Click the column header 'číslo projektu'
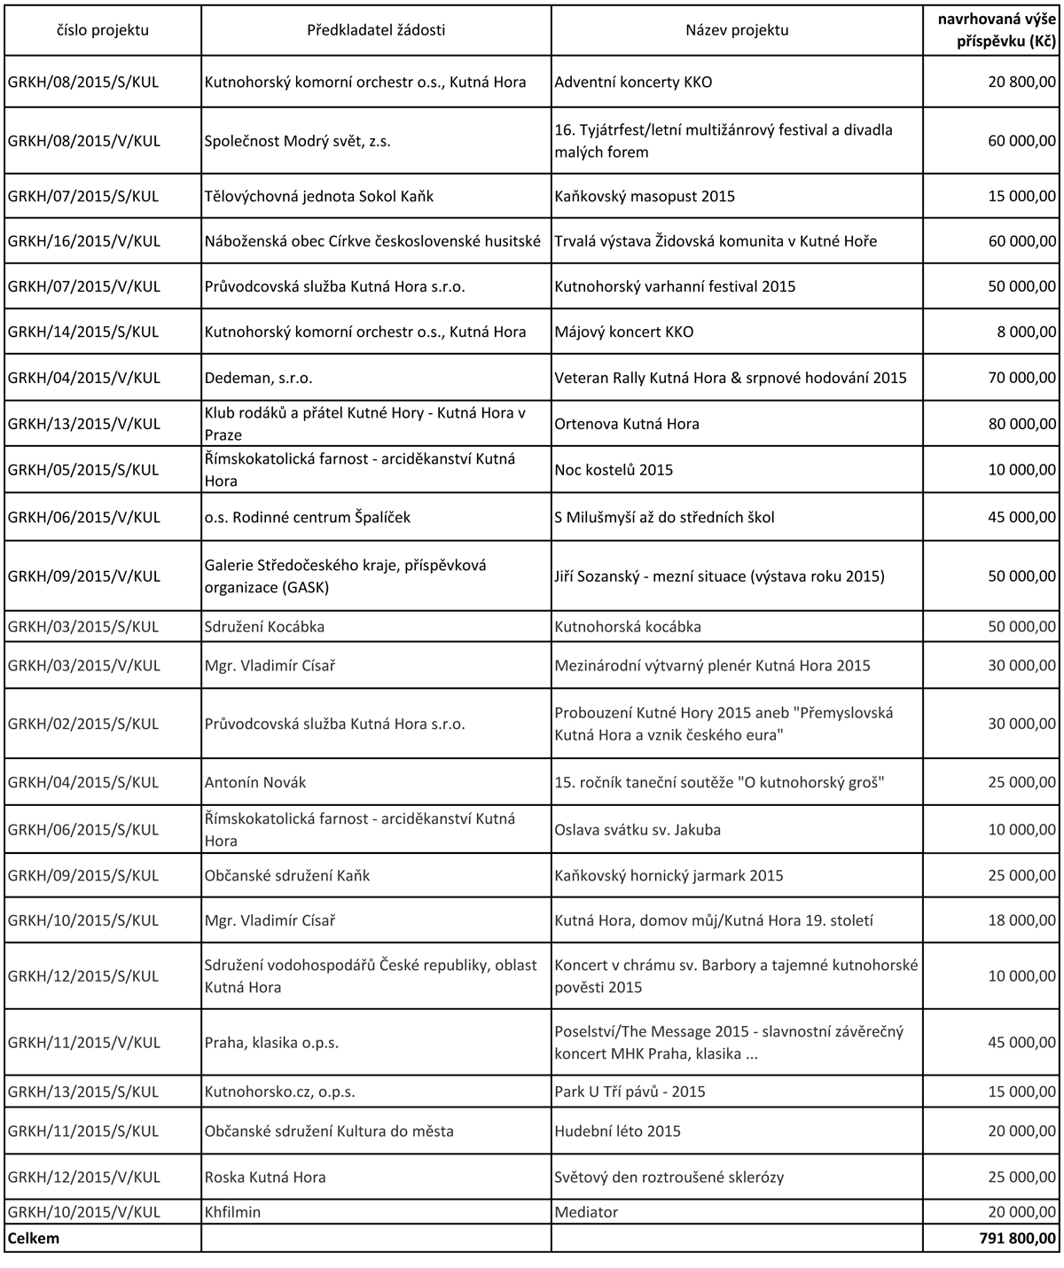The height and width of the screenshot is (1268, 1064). [102, 30]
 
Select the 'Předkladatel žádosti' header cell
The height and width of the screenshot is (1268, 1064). [376, 30]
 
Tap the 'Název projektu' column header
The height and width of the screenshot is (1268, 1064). [736, 30]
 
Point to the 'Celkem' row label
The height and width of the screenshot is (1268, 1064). [34, 1238]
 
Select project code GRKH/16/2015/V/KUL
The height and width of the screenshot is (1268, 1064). [84, 241]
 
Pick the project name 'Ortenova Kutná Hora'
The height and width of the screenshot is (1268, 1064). [627, 424]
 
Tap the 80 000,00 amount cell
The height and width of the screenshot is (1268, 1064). [1021, 424]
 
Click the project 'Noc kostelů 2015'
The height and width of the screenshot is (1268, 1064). [614, 470]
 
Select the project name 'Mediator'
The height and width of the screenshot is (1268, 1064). [586, 1211]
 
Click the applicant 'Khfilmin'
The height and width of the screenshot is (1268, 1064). [232, 1211]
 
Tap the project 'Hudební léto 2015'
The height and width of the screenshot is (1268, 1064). [618, 1131]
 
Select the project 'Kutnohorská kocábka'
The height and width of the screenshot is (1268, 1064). [628, 627]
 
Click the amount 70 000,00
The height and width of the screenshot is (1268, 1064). [1021, 378]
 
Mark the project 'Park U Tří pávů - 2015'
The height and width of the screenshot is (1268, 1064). [630, 1092]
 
